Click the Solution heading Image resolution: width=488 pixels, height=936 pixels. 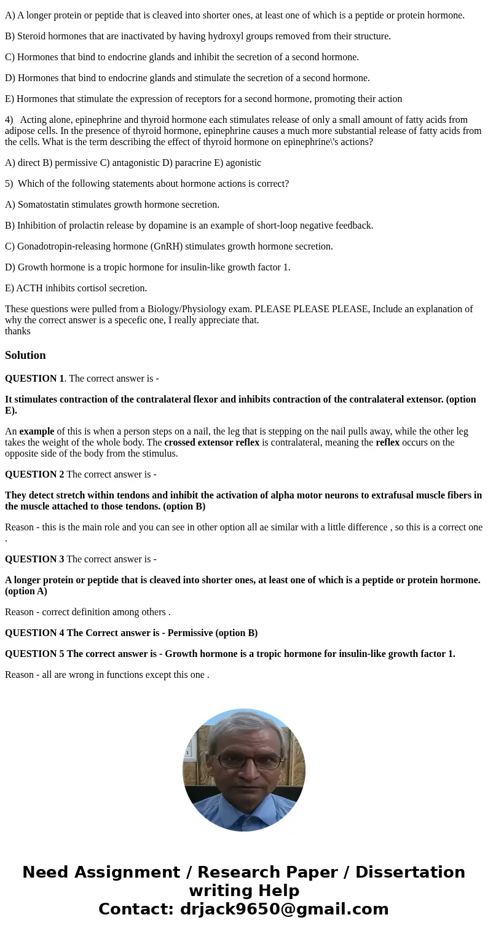[25, 355]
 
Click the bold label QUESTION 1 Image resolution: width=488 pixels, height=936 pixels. [34, 379]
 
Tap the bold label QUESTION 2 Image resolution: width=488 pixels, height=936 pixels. [34, 474]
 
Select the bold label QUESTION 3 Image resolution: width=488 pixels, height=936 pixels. [34, 559]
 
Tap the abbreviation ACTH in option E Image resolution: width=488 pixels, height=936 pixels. [28, 288]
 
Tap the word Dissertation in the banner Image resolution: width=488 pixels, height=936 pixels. [410, 873]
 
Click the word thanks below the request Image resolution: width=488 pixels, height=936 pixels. [18, 331]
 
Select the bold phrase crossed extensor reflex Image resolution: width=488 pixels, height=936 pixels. [212, 442]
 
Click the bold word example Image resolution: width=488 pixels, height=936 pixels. [37, 431]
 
